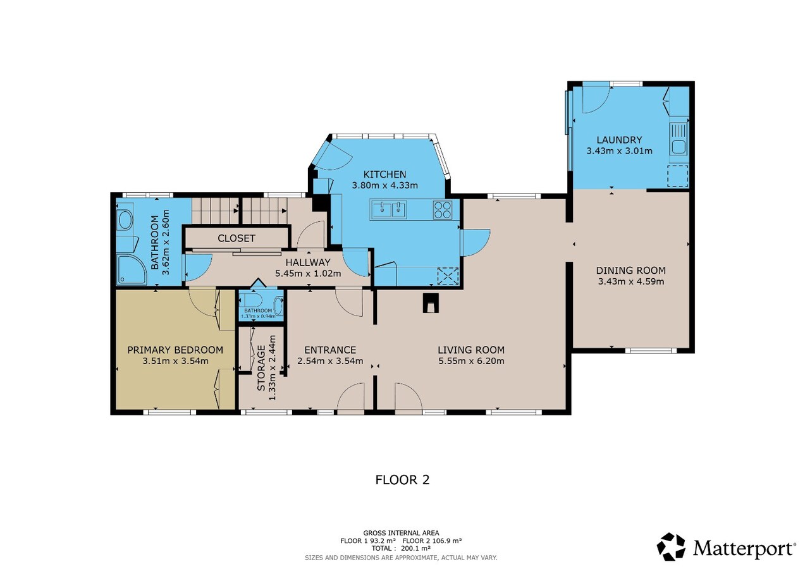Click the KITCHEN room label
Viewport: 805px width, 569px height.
[384, 174]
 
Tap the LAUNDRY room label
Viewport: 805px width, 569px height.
[618, 140]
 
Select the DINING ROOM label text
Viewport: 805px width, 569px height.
[630, 271]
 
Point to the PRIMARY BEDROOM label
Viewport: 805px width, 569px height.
[175, 350]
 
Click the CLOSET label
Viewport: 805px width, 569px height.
[236, 238]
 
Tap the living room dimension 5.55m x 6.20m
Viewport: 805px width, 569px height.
[471, 361]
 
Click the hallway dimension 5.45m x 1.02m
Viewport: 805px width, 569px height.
[308, 274]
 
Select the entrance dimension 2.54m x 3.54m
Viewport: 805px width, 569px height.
[330, 361]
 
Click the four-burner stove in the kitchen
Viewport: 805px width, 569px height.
[443, 209]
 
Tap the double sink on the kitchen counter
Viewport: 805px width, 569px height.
[390, 209]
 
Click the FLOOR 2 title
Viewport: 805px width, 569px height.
[402, 479]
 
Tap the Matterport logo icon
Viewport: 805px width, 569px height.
[671, 546]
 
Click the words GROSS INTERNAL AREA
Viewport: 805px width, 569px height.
[401, 533]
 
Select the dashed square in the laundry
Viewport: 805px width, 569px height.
[677, 175]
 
